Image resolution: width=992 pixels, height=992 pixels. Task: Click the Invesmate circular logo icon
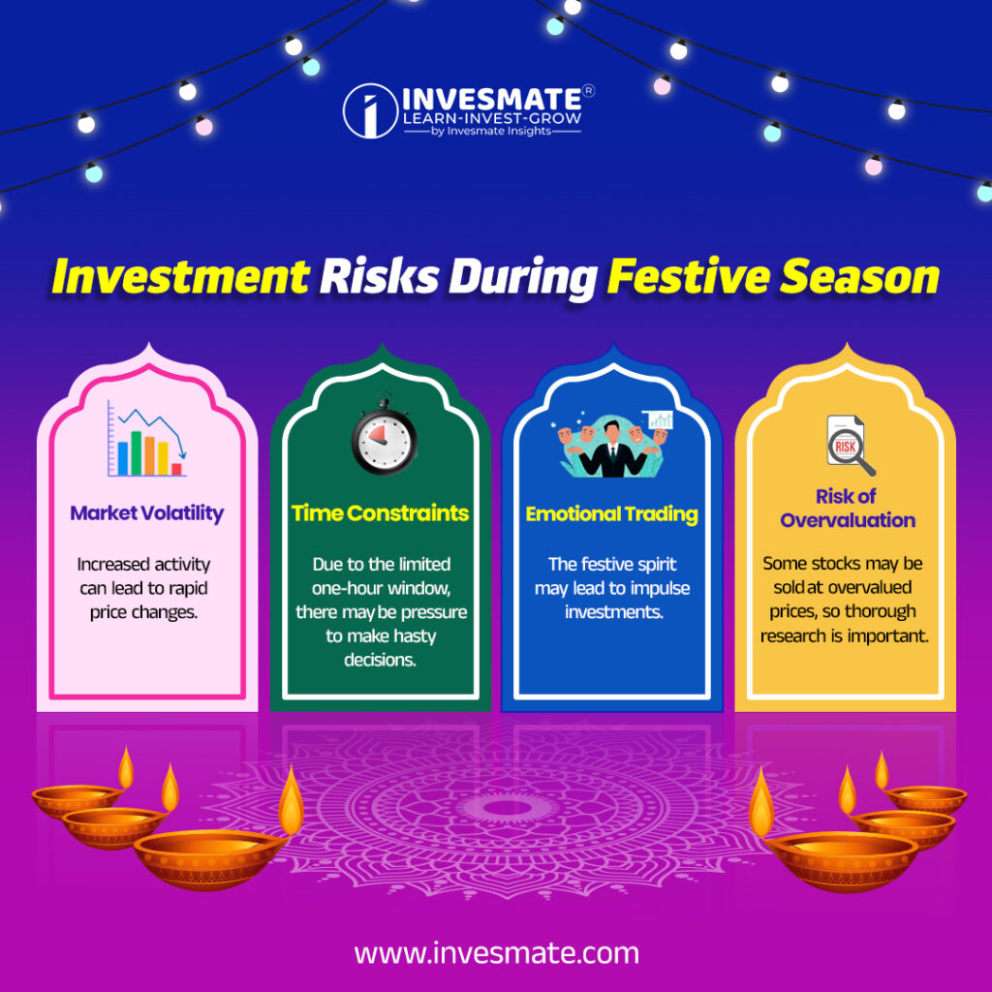point(369,110)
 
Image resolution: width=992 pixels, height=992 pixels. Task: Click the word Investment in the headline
point(178,276)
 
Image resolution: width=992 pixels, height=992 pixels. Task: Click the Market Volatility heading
point(146,513)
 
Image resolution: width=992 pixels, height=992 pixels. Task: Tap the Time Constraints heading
point(380,513)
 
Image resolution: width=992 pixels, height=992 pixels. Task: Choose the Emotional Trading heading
point(611,514)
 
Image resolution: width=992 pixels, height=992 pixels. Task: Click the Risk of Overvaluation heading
point(847,508)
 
